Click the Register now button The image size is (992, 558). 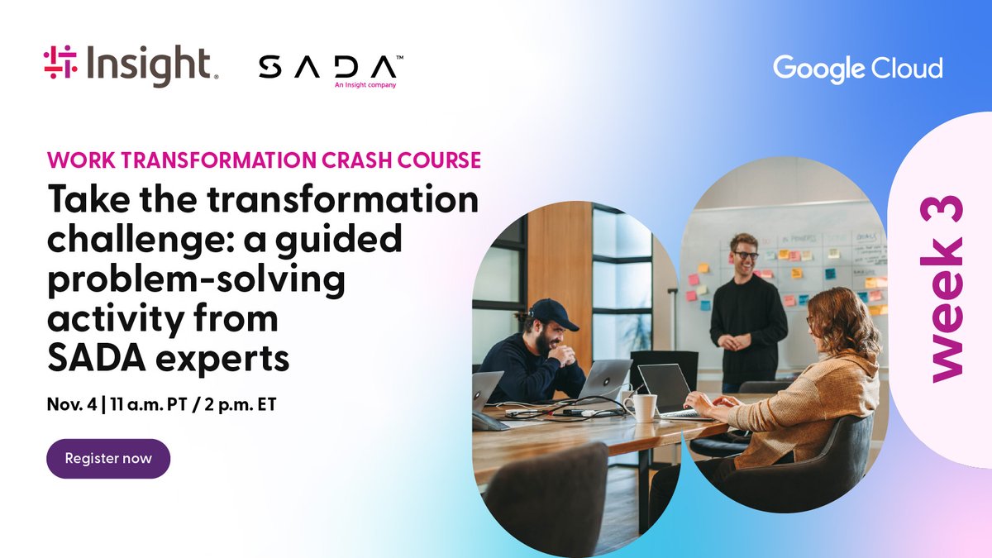coord(108,458)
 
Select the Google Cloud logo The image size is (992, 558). coord(857,68)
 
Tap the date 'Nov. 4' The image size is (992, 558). coord(69,407)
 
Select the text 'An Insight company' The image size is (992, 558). coord(365,84)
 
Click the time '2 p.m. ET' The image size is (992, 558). coord(239,407)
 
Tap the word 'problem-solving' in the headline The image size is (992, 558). coord(196,279)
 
